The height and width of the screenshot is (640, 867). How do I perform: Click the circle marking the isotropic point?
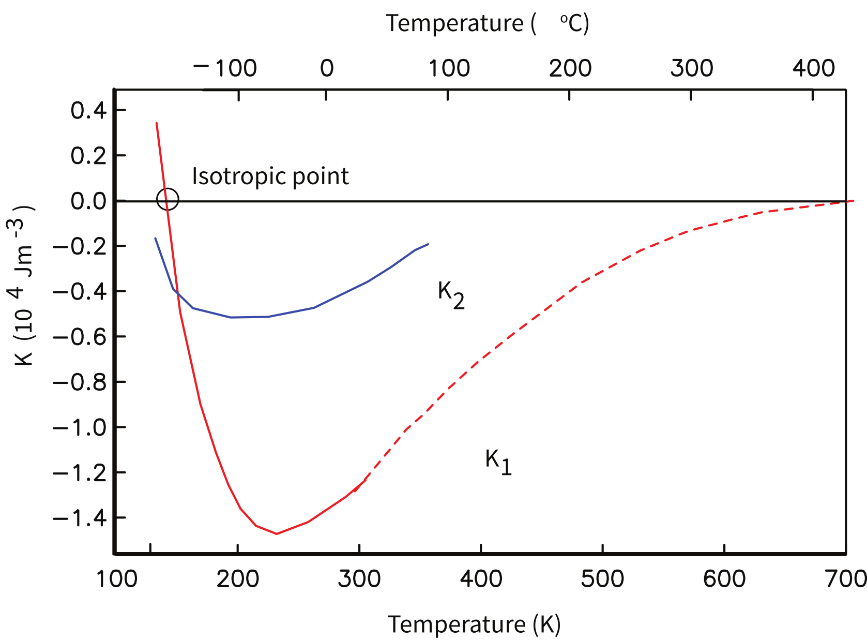pyautogui.click(x=168, y=199)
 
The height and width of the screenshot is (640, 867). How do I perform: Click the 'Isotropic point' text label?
pyautogui.click(x=270, y=176)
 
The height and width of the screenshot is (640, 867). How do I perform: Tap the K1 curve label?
pyautogui.click(x=498, y=462)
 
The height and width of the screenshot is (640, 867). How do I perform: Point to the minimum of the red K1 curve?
pyautogui.click(x=277, y=533)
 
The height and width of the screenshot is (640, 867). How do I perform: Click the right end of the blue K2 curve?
pyautogui.click(x=428, y=244)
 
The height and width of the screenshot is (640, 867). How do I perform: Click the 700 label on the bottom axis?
pyautogui.click(x=846, y=579)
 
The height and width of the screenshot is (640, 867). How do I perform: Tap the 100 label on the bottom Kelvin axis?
pyautogui.click(x=117, y=579)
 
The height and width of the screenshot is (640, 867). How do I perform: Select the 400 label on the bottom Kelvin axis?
pyautogui.click(x=481, y=579)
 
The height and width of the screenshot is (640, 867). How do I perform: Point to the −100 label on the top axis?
pyautogui.click(x=225, y=68)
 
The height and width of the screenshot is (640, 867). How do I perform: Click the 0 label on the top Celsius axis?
pyautogui.click(x=326, y=68)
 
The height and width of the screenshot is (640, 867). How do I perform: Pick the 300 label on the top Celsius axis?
pyautogui.click(x=691, y=68)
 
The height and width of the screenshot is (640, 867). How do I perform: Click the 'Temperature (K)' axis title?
pyautogui.click(x=474, y=624)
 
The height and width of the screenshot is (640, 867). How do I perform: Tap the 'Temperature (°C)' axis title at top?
pyautogui.click(x=487, y=23)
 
